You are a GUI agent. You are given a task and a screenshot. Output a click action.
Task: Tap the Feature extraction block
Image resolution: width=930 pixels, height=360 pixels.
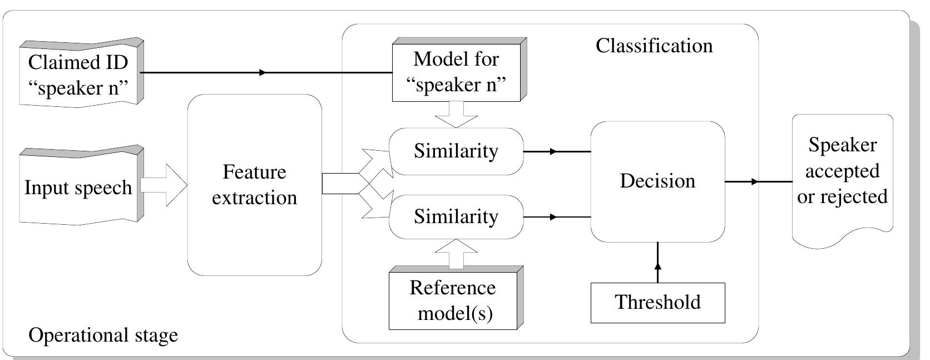click(x=255, y=185)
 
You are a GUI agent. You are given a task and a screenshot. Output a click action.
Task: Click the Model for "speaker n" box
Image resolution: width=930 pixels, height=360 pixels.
click(x=456, y=72)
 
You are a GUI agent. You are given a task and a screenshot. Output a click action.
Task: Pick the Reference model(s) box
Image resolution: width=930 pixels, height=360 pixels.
click(x=453, y=300)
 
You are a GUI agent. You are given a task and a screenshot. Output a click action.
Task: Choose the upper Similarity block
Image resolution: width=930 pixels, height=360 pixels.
click(x=456, y=151)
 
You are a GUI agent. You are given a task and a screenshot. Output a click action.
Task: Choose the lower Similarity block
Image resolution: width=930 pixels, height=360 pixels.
click(x=456, y=216)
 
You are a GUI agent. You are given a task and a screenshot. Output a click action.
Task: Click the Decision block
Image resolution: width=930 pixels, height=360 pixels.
click(x=657, y=181)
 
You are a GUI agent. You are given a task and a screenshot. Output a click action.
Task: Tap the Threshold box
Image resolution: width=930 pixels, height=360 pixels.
click(x=657, y=303)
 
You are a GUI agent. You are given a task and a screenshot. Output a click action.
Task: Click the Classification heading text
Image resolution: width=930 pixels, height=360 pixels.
click(x=654, y=46)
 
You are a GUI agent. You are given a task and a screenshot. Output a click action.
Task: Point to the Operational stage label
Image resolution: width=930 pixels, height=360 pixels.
click(x=103, y=336)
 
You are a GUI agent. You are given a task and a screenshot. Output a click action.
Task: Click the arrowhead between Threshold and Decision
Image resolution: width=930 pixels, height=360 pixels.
click(x=658, y=265)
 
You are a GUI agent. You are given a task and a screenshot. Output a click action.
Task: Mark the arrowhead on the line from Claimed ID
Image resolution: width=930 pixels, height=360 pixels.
click(x=263, y=72)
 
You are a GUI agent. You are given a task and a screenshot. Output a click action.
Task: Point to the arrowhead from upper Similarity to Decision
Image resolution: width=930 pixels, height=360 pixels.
click(x=553, y=151)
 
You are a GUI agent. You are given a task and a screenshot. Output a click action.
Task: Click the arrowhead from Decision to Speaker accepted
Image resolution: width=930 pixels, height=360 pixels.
click(x=755, y=181)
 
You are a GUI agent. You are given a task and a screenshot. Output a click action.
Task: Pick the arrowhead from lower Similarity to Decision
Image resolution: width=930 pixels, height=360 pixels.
click(x=553, y=217)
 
